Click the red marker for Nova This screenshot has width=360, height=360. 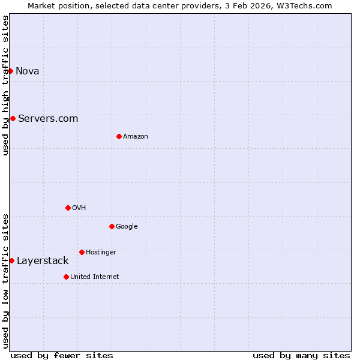point(10,71)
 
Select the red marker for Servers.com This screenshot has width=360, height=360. point(13,118)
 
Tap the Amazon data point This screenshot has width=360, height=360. point(119,136)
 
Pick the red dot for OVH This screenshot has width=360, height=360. point(68,208)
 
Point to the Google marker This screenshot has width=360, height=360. point(112,226)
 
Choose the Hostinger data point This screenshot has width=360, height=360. point(82,252)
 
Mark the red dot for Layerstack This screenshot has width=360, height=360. point(11,260)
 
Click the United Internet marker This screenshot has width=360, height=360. point(66,277)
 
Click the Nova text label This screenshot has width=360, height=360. point(28,71)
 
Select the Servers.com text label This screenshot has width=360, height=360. point(48,118)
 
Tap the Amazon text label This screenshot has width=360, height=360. point(136,137)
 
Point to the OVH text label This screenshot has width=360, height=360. point(79,208)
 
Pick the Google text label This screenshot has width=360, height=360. point(127,227)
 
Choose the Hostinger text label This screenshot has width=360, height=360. point(101,253)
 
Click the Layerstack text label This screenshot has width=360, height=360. point(43,260)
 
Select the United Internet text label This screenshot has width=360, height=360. point(95,277)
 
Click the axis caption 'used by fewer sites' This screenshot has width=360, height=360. point(62,355)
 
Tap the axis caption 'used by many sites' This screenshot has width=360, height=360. point(301,355)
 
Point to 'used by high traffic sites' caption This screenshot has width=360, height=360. point(5,85)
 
